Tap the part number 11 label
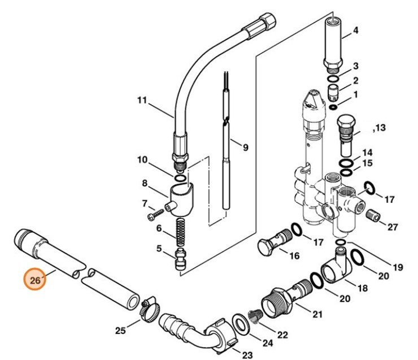142,101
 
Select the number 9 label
245,148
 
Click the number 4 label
355,31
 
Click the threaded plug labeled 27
371,215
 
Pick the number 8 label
145,183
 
